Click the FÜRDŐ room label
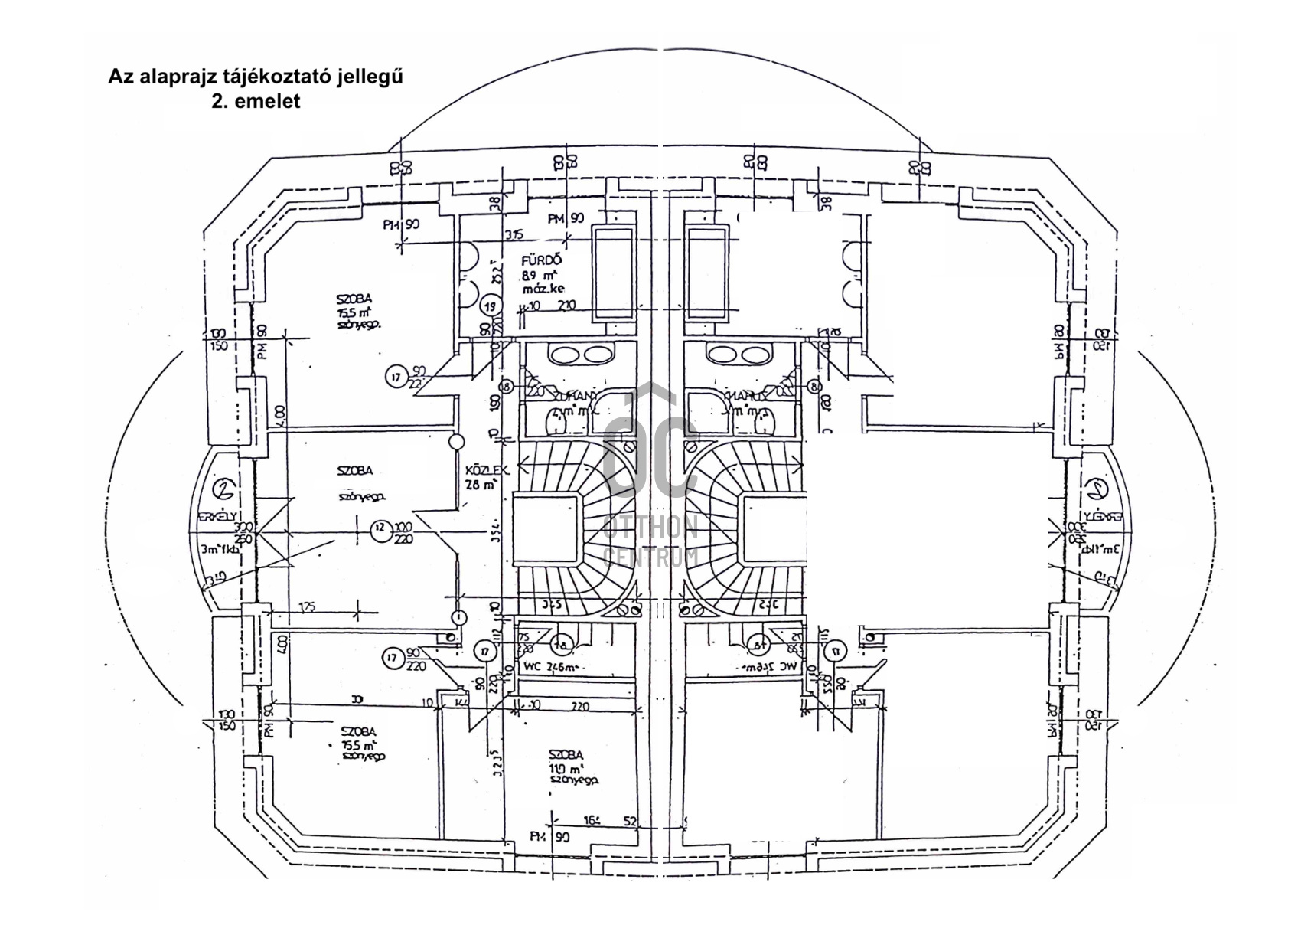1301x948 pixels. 541,261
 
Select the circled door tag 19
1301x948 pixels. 492,306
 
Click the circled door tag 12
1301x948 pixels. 380,528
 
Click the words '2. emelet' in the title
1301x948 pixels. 256,101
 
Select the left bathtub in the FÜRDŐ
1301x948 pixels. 614,273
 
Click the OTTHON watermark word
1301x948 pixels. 650,527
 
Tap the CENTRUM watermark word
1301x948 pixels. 650,556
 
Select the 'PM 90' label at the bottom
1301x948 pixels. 550,837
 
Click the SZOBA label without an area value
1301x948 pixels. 354,470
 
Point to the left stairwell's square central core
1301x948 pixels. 545,528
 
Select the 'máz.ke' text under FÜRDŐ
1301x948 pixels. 543,289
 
